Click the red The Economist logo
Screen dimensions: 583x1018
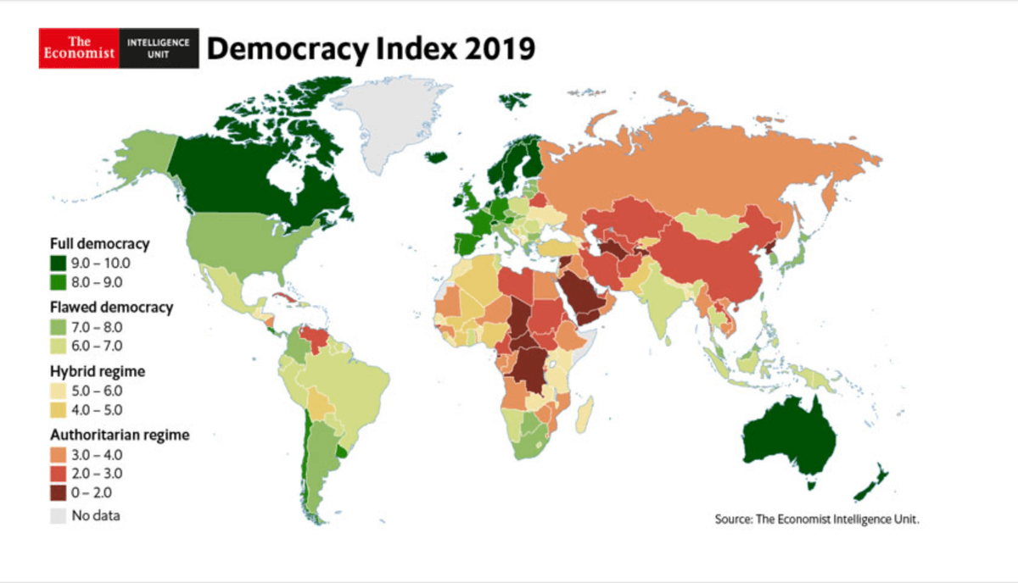coord(79,49)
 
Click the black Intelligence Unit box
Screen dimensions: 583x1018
coord(159,49)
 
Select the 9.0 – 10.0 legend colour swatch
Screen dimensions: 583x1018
coord(57,262)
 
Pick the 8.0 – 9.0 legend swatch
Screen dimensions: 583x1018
coord(57,280)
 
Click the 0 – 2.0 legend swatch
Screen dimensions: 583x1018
coord(57,492)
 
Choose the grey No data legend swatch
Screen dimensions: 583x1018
coord(57,514)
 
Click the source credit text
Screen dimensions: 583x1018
coord(817,519)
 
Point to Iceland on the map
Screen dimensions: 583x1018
coord(435,157)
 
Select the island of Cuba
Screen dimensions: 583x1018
coord(288,299)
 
